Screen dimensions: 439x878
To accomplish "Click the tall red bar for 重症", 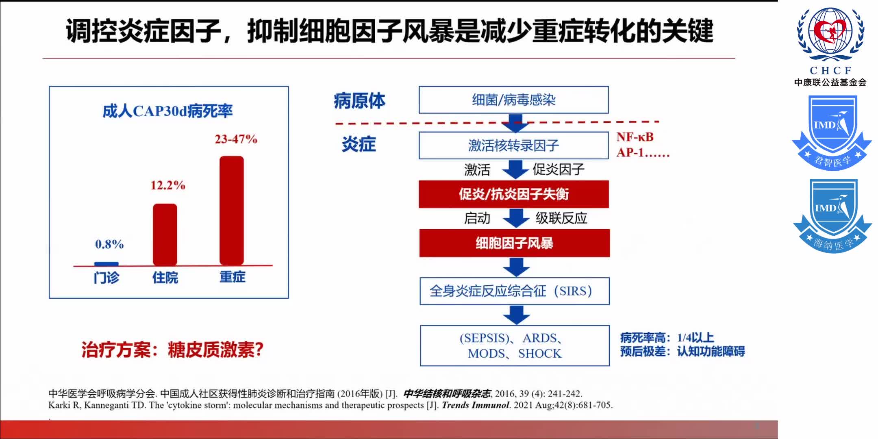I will [232, 211].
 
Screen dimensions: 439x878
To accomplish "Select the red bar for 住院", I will [165, 235].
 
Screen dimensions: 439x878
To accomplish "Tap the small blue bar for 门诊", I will [106, 264].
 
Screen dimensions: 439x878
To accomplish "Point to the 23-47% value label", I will [236, 139].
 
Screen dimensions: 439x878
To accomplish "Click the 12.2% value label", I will [168, 185].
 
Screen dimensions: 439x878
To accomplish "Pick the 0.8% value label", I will [109, 244].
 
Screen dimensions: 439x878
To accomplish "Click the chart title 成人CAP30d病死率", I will [167, 111].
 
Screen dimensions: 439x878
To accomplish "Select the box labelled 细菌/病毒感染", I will [514, 100].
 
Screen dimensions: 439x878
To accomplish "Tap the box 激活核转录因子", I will [514, 145].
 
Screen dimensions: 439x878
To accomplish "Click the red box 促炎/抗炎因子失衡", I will [514, 194].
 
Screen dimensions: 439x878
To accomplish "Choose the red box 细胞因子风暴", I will [515, 243].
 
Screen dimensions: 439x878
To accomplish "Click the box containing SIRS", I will [515, 291].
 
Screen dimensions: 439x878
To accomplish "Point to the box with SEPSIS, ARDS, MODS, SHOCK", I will [515, 346].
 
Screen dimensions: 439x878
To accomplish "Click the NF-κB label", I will [635, 137].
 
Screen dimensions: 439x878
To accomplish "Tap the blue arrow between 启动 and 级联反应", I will [516, 218].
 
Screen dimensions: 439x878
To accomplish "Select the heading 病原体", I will [359, 101].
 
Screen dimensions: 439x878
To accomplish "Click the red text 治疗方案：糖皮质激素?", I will [172, 350].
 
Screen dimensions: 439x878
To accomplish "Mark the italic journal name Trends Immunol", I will [475, 405].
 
